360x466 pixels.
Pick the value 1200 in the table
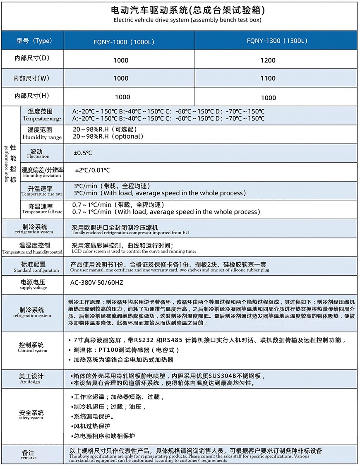268,60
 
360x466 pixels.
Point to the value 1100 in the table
268,78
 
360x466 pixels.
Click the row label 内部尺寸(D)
32,59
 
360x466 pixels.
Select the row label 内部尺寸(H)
32,96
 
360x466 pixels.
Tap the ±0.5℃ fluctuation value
83,153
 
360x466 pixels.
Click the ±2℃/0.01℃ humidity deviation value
92,170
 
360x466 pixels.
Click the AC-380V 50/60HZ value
98,283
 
